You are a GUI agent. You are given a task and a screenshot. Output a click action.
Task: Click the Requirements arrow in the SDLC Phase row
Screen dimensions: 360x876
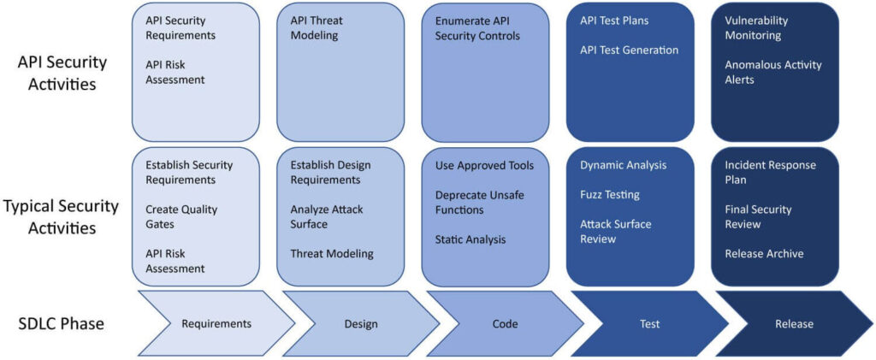click(216, 324)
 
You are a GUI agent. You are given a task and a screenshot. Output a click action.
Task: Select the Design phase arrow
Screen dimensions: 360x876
click(360, 324)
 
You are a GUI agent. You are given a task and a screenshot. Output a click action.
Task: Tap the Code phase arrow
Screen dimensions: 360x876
click(505, 324)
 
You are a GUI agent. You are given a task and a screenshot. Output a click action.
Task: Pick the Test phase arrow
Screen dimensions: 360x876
click(649, 324)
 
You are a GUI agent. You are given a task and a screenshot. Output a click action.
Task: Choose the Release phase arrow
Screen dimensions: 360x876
click(794, 324)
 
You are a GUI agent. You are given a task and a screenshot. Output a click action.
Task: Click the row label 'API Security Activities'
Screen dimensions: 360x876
click(63, 73)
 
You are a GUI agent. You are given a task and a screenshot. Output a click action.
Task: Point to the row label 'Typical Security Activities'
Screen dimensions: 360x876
click(62, 217)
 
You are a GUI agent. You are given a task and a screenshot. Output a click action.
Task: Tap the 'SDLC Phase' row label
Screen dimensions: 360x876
click(62, 324)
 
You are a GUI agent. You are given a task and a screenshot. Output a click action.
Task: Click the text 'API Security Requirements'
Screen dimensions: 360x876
click(180, 28)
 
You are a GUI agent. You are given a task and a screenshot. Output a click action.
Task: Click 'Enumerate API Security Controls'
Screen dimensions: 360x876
click(477, 28)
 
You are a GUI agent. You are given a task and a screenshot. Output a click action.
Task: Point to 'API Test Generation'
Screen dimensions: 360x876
click(629, 50)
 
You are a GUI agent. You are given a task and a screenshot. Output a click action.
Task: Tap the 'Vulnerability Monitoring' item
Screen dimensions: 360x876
click(756, 28)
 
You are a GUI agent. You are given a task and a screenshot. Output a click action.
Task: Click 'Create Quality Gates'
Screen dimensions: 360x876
click(181, 217)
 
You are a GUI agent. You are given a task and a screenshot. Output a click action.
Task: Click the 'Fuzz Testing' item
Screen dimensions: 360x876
click(610, 195)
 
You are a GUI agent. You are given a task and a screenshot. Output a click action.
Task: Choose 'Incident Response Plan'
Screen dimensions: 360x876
click(770, 173)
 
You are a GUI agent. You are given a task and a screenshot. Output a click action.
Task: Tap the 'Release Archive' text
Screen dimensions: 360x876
click(764, 254)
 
